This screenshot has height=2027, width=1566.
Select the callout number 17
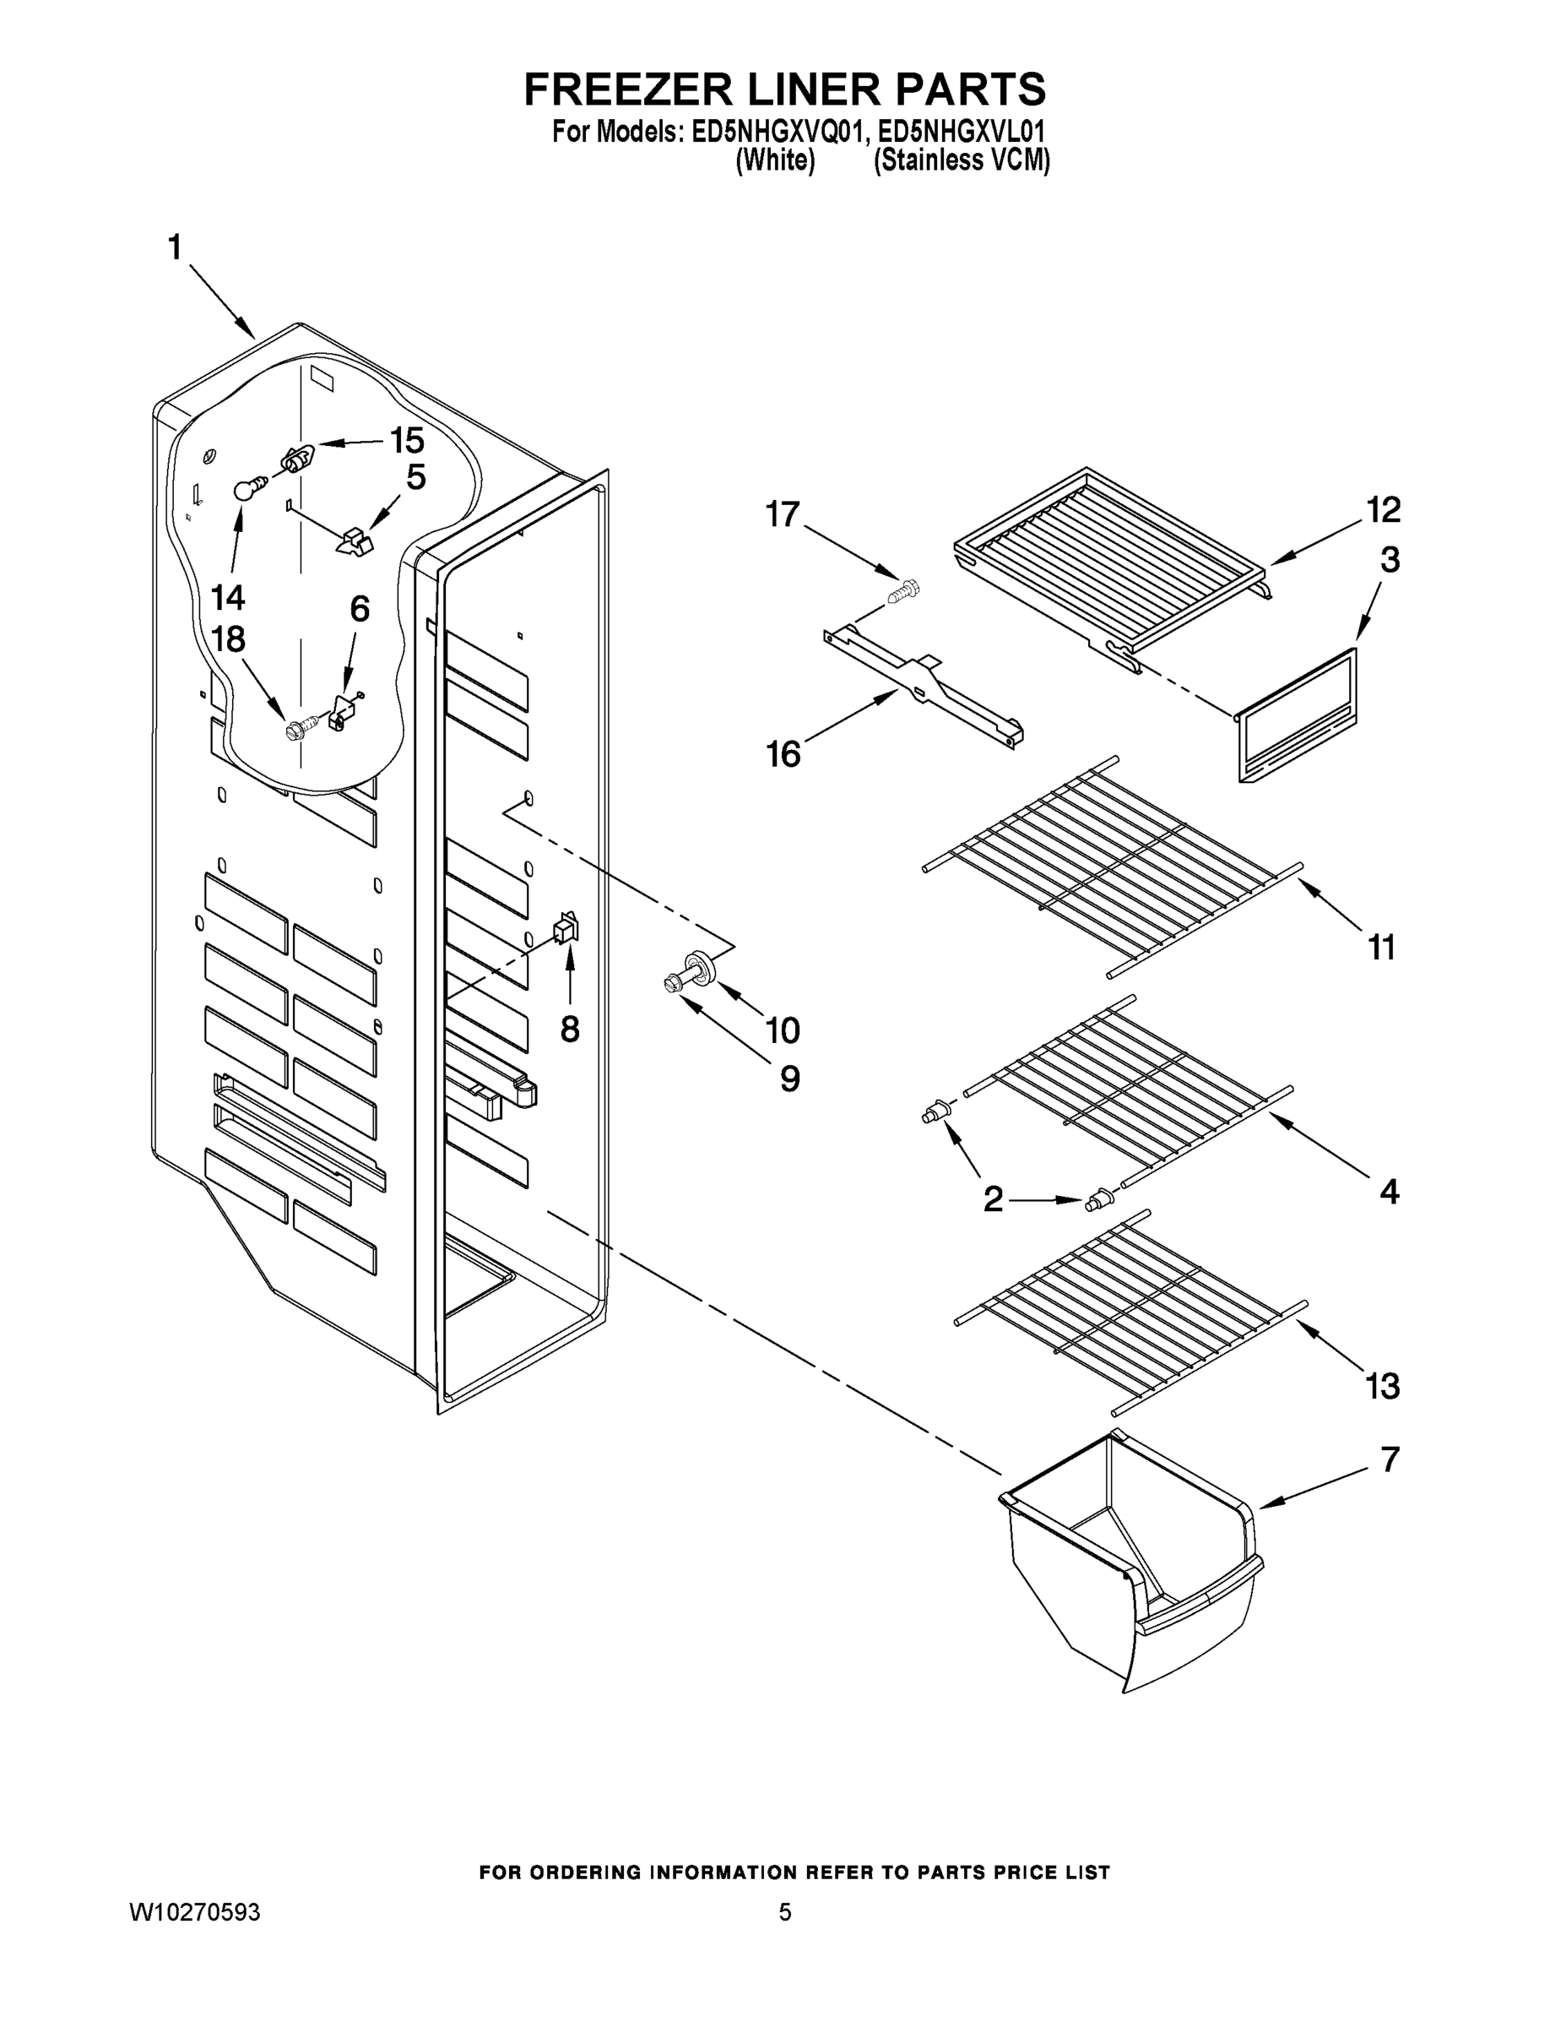782,514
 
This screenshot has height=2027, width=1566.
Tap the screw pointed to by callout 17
903,590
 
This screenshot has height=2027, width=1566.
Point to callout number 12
1382,509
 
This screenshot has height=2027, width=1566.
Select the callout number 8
570,1029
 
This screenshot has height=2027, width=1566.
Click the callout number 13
1382,1387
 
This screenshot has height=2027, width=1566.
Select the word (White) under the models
775,160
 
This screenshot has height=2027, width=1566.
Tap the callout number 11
1381,948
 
